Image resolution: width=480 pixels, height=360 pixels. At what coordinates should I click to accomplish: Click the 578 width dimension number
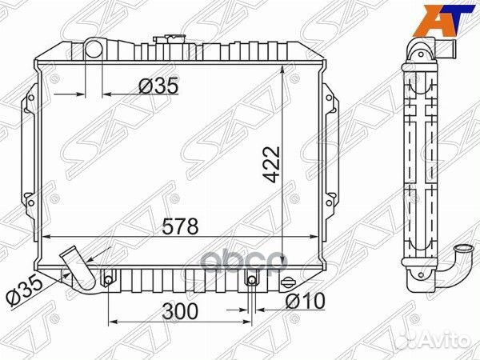coord(181,226)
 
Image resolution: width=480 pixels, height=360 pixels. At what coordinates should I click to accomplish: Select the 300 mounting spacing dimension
coord(181,311)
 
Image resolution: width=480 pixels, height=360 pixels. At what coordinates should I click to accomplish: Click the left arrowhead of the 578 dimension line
coord(44,237)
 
